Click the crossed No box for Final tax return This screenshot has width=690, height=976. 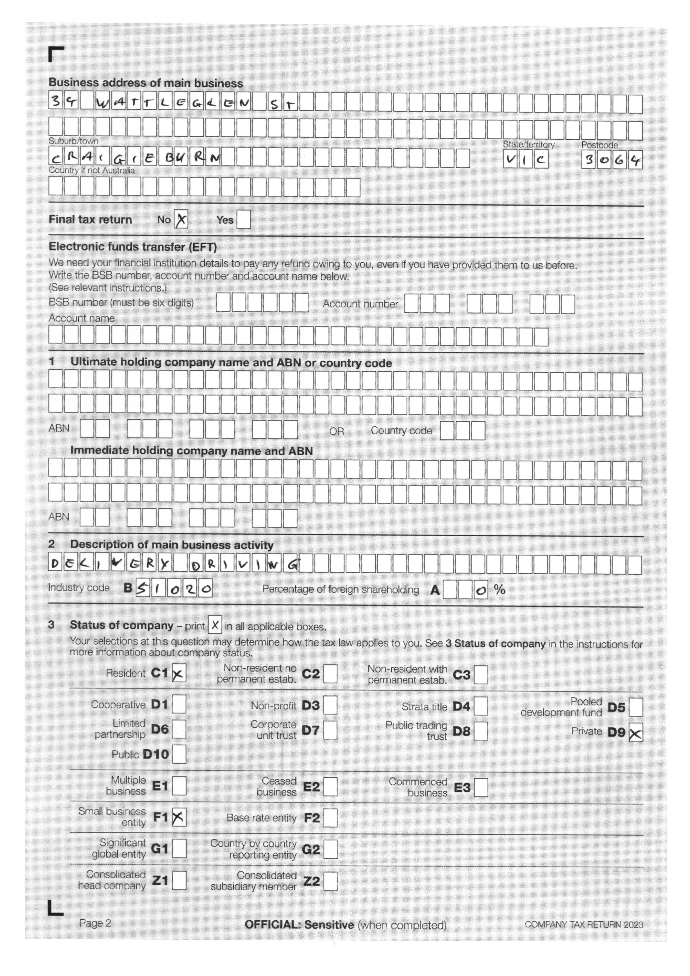(x=181, y=220)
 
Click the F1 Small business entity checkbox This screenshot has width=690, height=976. (x=179, y=817)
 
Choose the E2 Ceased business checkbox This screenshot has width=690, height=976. (x=330, y=786)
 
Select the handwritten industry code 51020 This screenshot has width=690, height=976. (x=174, y=589)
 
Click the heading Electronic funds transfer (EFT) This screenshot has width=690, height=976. (x=132, y=247)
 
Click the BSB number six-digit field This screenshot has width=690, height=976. (x=262, y=303)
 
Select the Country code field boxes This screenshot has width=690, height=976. (x=462, y=431)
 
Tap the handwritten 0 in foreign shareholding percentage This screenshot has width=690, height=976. (x=480, y=591)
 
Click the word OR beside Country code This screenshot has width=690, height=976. (x=336, y=431)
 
